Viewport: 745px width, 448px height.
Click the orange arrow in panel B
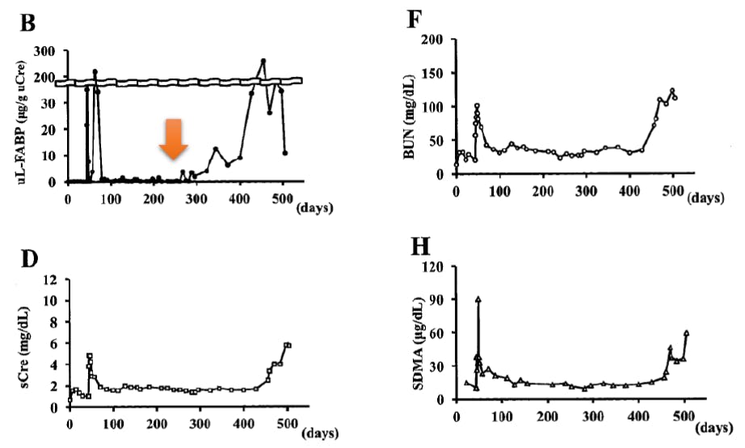point(174,139)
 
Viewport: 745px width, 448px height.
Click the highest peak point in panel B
point(263,61)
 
